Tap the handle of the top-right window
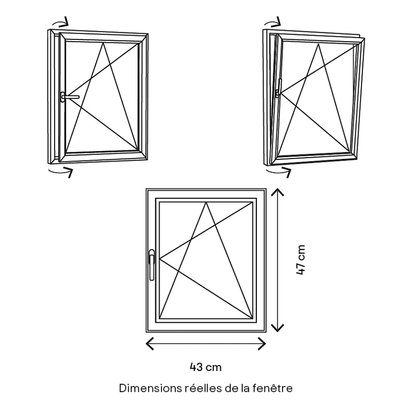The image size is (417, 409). [278, 93]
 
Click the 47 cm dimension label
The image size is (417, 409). [301, 260]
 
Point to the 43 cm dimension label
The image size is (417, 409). [205, 367]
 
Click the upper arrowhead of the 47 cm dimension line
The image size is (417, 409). [278, 191]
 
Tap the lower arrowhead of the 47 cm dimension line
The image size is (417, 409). [278, 328]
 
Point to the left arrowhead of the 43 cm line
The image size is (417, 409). [149, 343]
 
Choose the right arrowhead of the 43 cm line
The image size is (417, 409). [263, 343]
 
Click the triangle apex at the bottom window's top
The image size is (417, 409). [206, 203]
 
